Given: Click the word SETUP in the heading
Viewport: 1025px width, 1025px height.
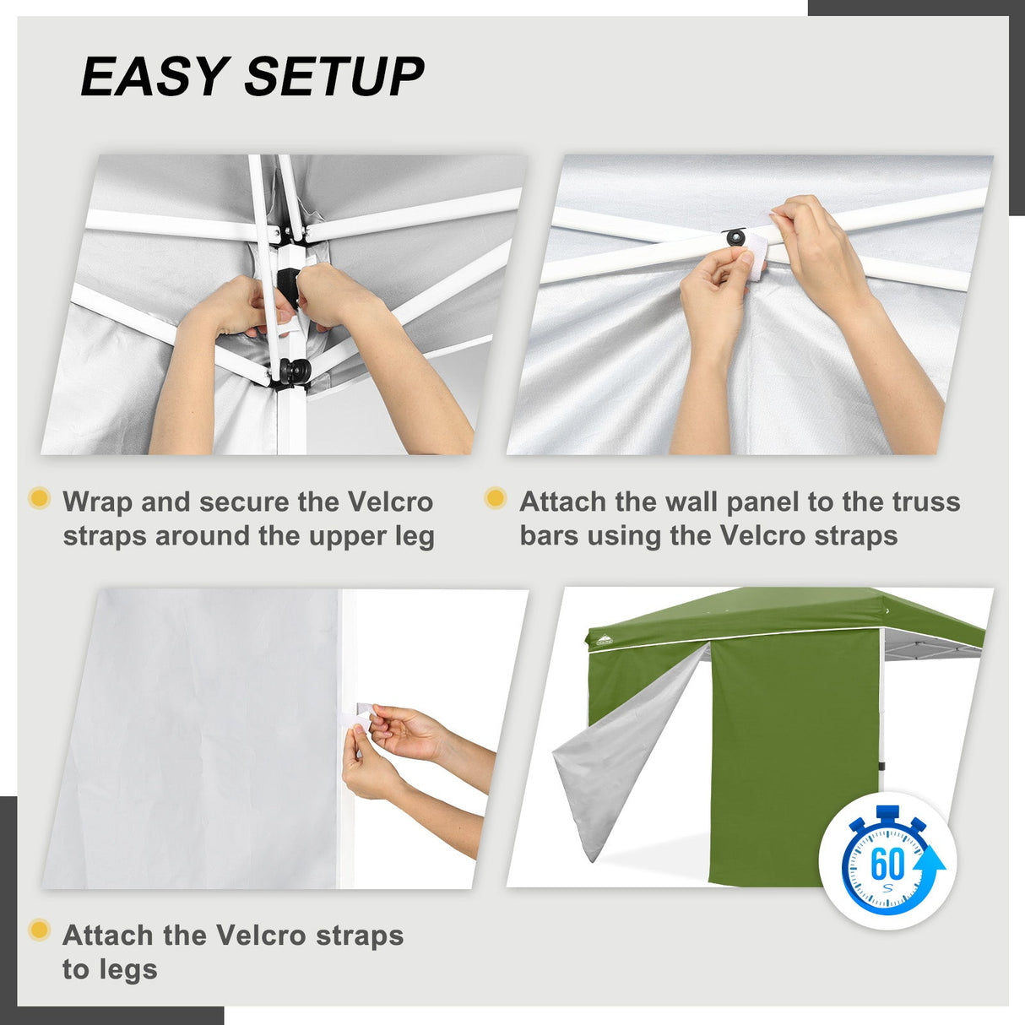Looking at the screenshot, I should (334, 77).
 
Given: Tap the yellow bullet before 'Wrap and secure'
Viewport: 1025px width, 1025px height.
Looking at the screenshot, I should (39, 498).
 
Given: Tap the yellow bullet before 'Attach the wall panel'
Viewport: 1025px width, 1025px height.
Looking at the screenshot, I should (496, 498).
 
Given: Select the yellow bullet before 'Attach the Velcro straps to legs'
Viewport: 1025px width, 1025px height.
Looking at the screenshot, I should (39, 930).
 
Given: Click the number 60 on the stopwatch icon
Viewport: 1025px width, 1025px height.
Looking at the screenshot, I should (887, 864).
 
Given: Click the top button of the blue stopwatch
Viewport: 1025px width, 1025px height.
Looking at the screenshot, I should (887, 814).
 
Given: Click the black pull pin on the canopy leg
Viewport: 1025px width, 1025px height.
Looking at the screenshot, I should (295, 370).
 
